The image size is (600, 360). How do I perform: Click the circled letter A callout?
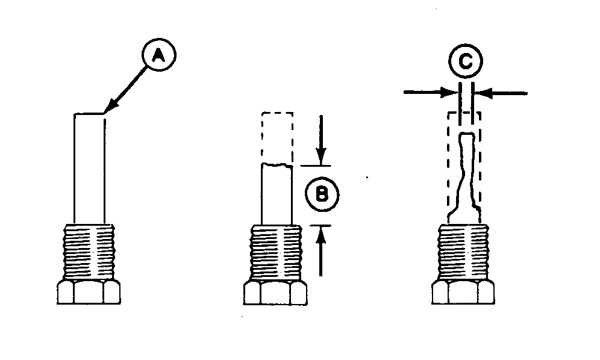159,55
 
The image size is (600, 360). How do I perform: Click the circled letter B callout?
322,194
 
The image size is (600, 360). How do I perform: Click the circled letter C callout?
466,61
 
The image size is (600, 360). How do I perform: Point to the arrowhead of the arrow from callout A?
108,108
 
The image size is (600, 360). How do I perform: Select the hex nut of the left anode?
89,293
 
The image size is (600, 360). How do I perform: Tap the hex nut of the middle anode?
275,293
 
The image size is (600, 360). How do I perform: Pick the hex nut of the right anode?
463,293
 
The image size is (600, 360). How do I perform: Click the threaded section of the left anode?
90,252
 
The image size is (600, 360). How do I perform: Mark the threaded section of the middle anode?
276,253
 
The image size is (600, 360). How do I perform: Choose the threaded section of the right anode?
463,252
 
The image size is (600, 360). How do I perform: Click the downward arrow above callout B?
322,140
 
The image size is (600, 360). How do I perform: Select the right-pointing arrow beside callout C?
431,92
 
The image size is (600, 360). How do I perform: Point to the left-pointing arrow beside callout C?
501,93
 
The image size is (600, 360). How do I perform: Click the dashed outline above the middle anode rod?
278,138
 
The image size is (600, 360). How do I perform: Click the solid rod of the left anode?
89,169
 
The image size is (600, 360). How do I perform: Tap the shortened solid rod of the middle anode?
277,194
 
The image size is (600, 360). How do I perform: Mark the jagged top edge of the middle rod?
277,165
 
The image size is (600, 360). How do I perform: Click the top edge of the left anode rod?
89,113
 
